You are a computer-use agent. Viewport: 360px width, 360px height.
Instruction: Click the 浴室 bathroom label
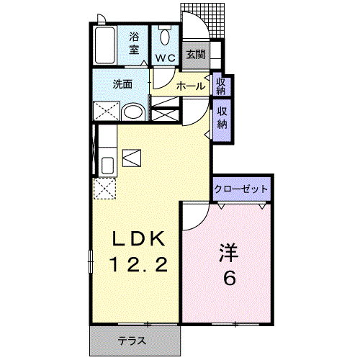pos(134,42)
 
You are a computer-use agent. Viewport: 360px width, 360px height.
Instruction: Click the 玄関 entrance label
pos(194,54)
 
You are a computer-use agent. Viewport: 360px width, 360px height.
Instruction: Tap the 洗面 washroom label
pos(122,84)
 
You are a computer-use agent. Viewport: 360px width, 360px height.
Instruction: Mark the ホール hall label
pos(191,86)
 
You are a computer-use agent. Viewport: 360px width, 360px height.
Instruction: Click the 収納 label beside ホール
pos(221,86)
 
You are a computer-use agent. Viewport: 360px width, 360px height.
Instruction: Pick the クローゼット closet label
pos(241,189)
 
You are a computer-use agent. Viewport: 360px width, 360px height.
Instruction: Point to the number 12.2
pos(139,265)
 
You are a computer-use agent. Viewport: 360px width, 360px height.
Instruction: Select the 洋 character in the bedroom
pos(228,252)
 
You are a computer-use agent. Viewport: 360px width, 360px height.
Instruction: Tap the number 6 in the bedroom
pos(228,278)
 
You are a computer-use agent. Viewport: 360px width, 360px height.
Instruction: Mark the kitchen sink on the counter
pos(107,164)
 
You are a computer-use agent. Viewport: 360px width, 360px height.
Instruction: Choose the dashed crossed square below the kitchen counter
pos(104,189)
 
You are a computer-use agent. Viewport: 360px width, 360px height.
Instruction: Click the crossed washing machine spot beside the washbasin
pos(105,112)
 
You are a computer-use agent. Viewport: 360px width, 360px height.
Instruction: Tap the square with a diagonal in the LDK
pos(133,157)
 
